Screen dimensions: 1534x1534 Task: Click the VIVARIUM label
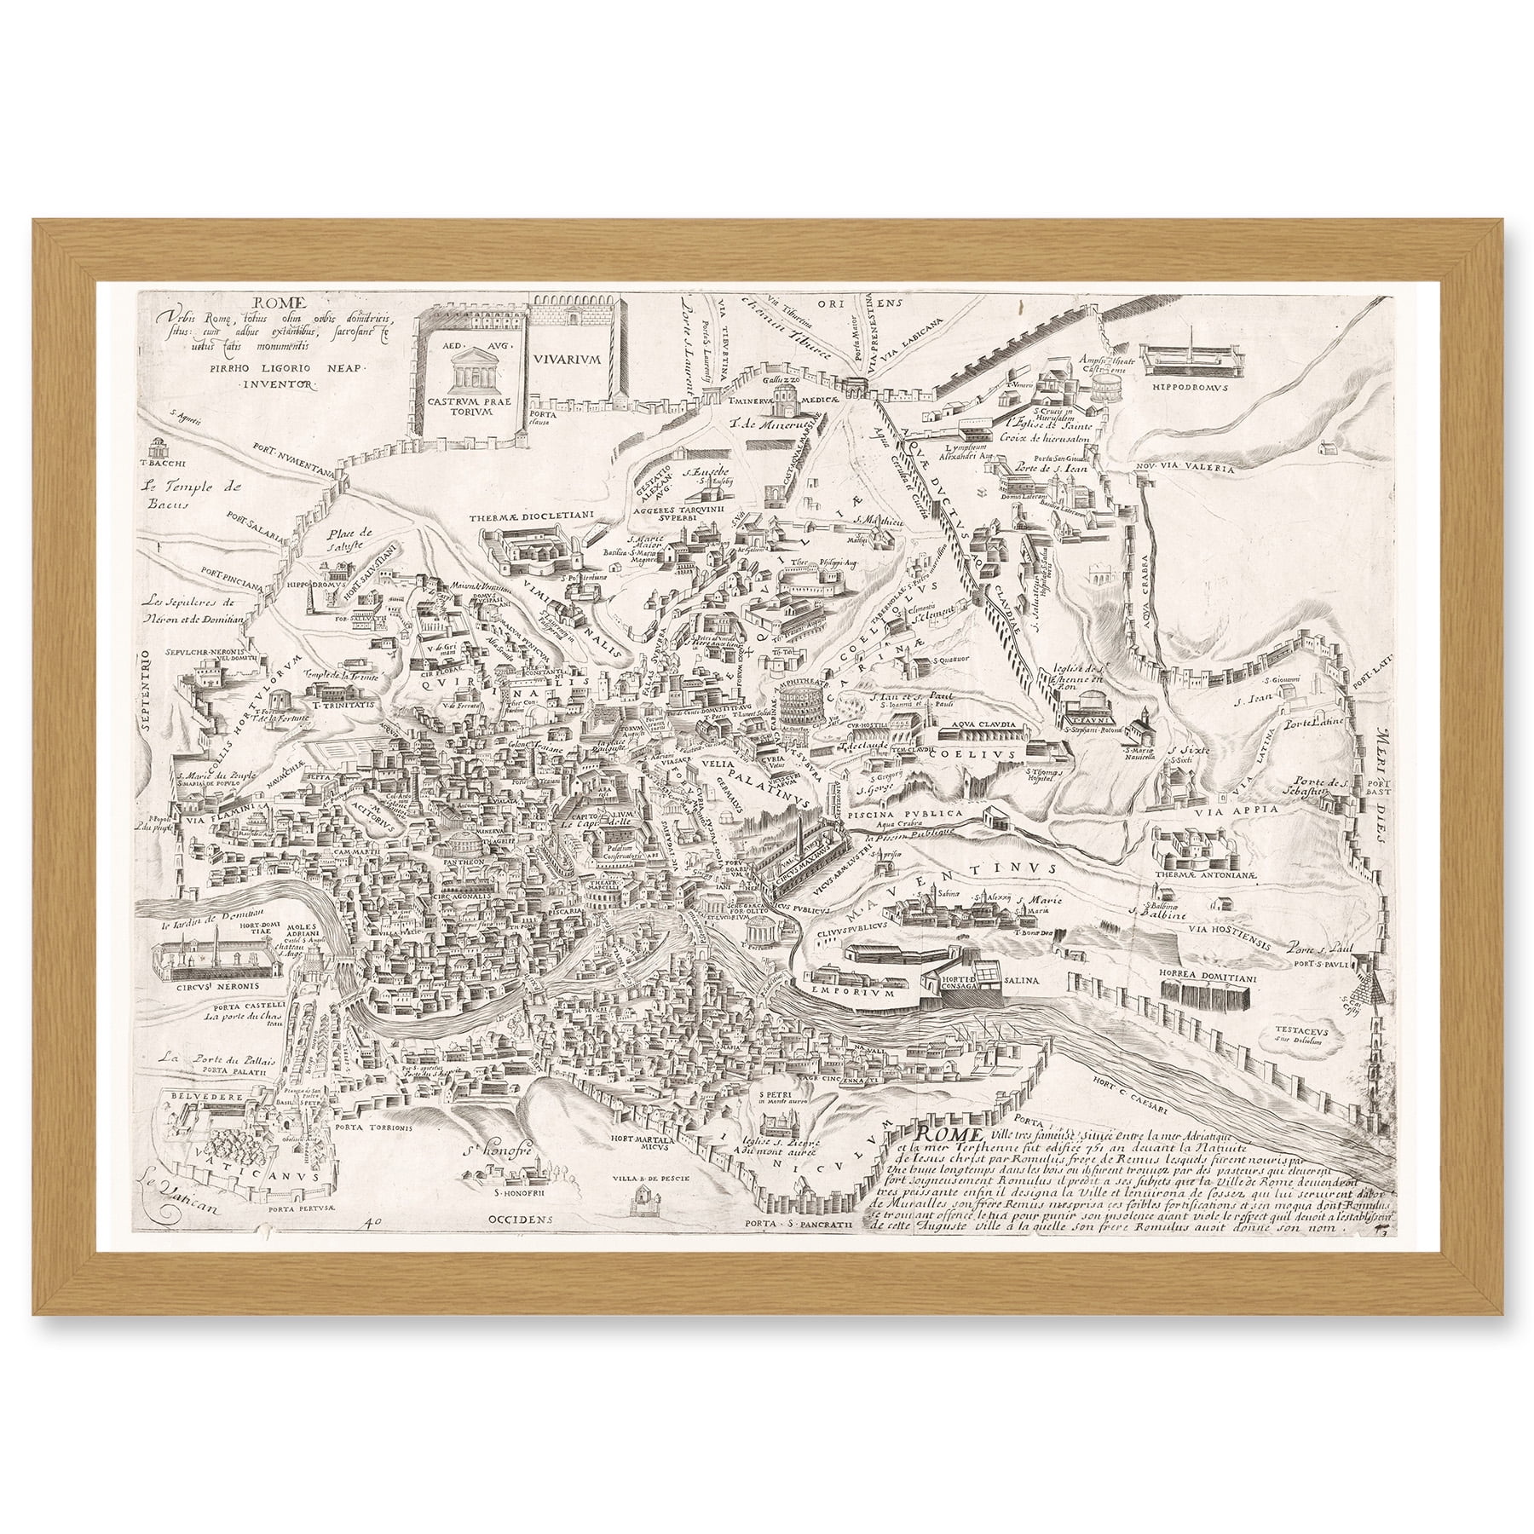pos(568,360)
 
